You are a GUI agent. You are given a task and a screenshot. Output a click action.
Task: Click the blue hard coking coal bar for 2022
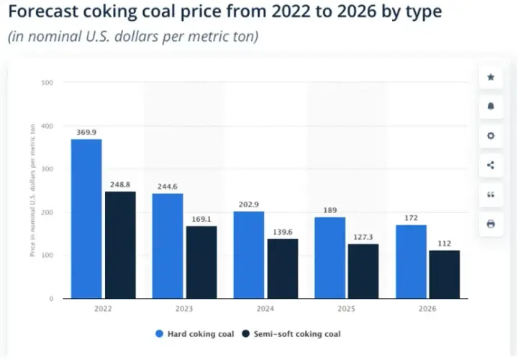(x=86, y=219)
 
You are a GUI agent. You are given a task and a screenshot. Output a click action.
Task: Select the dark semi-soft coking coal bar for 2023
(x=201, y=262)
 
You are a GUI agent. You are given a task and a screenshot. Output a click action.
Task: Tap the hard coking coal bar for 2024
(x=249, y=255)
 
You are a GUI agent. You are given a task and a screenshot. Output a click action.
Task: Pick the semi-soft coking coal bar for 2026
(x=445, y=274)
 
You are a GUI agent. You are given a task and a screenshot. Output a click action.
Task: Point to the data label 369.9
(x=86, y=132)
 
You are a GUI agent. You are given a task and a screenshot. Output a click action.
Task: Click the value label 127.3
(x=363, y=237)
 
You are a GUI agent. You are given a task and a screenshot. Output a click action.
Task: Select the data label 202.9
(x=249, y=204)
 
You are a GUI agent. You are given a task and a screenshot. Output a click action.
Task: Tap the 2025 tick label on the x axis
(x=346, y=309)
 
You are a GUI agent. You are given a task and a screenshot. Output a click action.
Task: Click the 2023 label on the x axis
(x=184, y=309)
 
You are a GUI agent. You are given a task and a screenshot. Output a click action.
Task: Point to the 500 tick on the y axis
(x=47, y=83)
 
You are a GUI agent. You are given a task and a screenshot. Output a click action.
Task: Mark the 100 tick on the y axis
(x=47, y=255)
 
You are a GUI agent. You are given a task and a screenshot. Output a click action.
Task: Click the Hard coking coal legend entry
(x=194, y=334)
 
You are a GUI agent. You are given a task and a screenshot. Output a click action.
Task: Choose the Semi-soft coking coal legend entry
(x=291, y=334)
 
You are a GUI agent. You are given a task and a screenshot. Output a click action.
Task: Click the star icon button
(x=491, y=77)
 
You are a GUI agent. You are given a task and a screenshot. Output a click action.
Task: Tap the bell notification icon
(x=491, y=107)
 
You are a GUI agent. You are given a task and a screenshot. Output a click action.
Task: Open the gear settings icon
(x=491, y=136)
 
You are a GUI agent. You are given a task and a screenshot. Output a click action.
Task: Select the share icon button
(x=491, y=166)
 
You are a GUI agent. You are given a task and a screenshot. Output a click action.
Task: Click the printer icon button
(x=491, y=224)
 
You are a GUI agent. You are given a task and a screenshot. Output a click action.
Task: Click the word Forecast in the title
(x=43, y=12)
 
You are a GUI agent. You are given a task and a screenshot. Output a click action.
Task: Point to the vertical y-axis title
(x=32, y=190)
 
